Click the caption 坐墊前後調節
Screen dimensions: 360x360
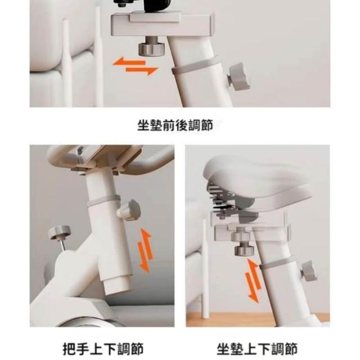click(175, 125)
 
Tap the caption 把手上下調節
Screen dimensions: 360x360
click(103, 349)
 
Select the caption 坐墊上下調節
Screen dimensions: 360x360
click(257, 349)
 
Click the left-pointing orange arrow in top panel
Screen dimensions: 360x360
click(129, 62)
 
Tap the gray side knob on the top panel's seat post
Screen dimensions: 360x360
click(238, 77)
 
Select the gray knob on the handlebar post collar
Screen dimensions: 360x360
click(129, 210)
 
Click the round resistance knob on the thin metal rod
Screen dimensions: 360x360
click(59, 232)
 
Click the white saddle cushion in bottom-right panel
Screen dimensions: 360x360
click(257, 181)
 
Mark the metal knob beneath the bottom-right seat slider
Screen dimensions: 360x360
click(244, 250)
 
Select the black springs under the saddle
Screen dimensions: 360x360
click(221, 199)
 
